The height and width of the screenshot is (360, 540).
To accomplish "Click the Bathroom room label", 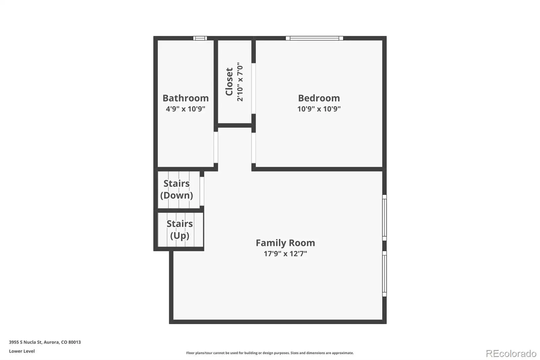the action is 185,98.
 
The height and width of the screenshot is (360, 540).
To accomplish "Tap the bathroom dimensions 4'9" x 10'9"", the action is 185,109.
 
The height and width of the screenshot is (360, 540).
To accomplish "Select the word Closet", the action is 229,81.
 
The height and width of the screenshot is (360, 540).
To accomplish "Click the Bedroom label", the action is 319,98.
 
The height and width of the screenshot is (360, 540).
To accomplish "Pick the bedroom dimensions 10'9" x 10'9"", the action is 319,109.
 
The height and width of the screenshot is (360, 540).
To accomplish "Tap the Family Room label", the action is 285,243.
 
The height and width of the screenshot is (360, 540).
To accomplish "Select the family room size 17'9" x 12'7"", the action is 285,254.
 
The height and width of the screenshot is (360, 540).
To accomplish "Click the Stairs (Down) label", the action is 177,189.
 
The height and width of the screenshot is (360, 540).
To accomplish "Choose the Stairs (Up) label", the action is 180,230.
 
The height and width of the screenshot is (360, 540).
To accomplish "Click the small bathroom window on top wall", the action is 200,38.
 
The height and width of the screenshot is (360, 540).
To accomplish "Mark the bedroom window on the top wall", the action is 314,38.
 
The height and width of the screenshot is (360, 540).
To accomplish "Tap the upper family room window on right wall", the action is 384,217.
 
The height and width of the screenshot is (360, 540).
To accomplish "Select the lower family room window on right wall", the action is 384,274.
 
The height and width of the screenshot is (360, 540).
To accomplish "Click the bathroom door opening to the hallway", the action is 216,147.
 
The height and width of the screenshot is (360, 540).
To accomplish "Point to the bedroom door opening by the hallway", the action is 253,148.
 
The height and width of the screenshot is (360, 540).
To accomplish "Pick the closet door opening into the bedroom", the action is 253,88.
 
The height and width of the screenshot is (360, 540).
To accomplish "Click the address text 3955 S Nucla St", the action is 26,342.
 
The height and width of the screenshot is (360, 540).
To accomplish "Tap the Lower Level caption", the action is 22,351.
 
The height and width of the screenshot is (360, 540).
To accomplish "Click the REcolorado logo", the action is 511,354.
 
